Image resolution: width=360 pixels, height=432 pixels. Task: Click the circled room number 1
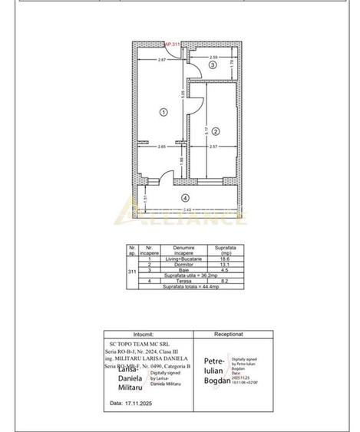click(x=163, y=112)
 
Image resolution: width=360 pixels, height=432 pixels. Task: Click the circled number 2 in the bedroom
click(x=217, y=131)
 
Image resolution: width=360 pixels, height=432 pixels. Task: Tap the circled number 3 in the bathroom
click(x=213, y=65)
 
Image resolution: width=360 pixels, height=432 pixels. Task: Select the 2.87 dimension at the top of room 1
click(x=163, y=59)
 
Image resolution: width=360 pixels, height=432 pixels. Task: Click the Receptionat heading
click(x=229, y=335)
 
